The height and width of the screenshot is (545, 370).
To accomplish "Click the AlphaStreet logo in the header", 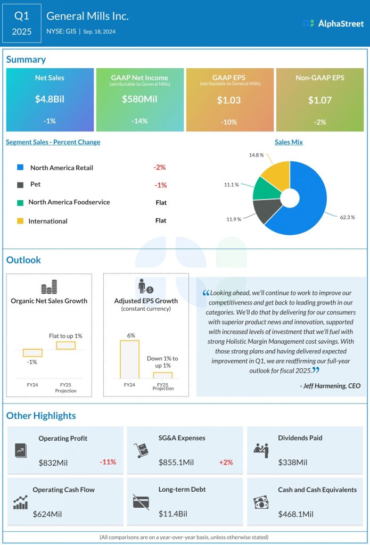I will click(333, 23).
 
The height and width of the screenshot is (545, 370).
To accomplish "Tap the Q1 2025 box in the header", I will click(22, 23).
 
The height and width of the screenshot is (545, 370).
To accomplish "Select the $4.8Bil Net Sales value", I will click(50, 99).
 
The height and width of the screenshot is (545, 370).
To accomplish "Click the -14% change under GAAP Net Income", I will click(139, 121).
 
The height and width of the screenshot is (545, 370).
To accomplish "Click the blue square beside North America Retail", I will click(20, 168).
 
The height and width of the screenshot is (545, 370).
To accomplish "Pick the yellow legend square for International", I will click(20, 221).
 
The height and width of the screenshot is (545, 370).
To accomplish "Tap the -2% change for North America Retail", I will click(159, 167).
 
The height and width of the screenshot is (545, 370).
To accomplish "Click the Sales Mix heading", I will click(289, 142).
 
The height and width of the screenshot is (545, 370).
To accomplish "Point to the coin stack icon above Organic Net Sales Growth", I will click(49, 287).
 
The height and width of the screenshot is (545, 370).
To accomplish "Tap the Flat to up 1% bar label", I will click(65, 336).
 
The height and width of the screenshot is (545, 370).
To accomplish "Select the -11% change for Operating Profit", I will click(108, 462).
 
